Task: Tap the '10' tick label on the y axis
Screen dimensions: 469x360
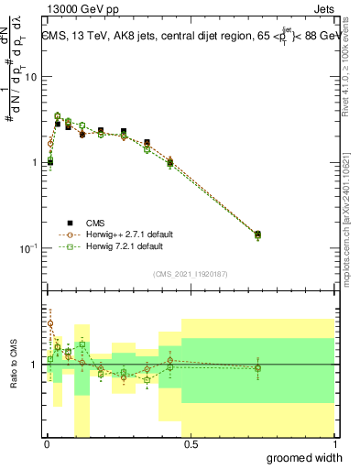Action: point(30,77)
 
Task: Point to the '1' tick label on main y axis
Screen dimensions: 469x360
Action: point(33,162)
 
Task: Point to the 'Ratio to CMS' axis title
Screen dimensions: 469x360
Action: point(13,364)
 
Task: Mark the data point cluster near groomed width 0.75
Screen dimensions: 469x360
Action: point(257,235)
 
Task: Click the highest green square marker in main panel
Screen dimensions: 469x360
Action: point(58,116)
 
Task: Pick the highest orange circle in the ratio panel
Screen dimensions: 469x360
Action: point(50,323)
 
